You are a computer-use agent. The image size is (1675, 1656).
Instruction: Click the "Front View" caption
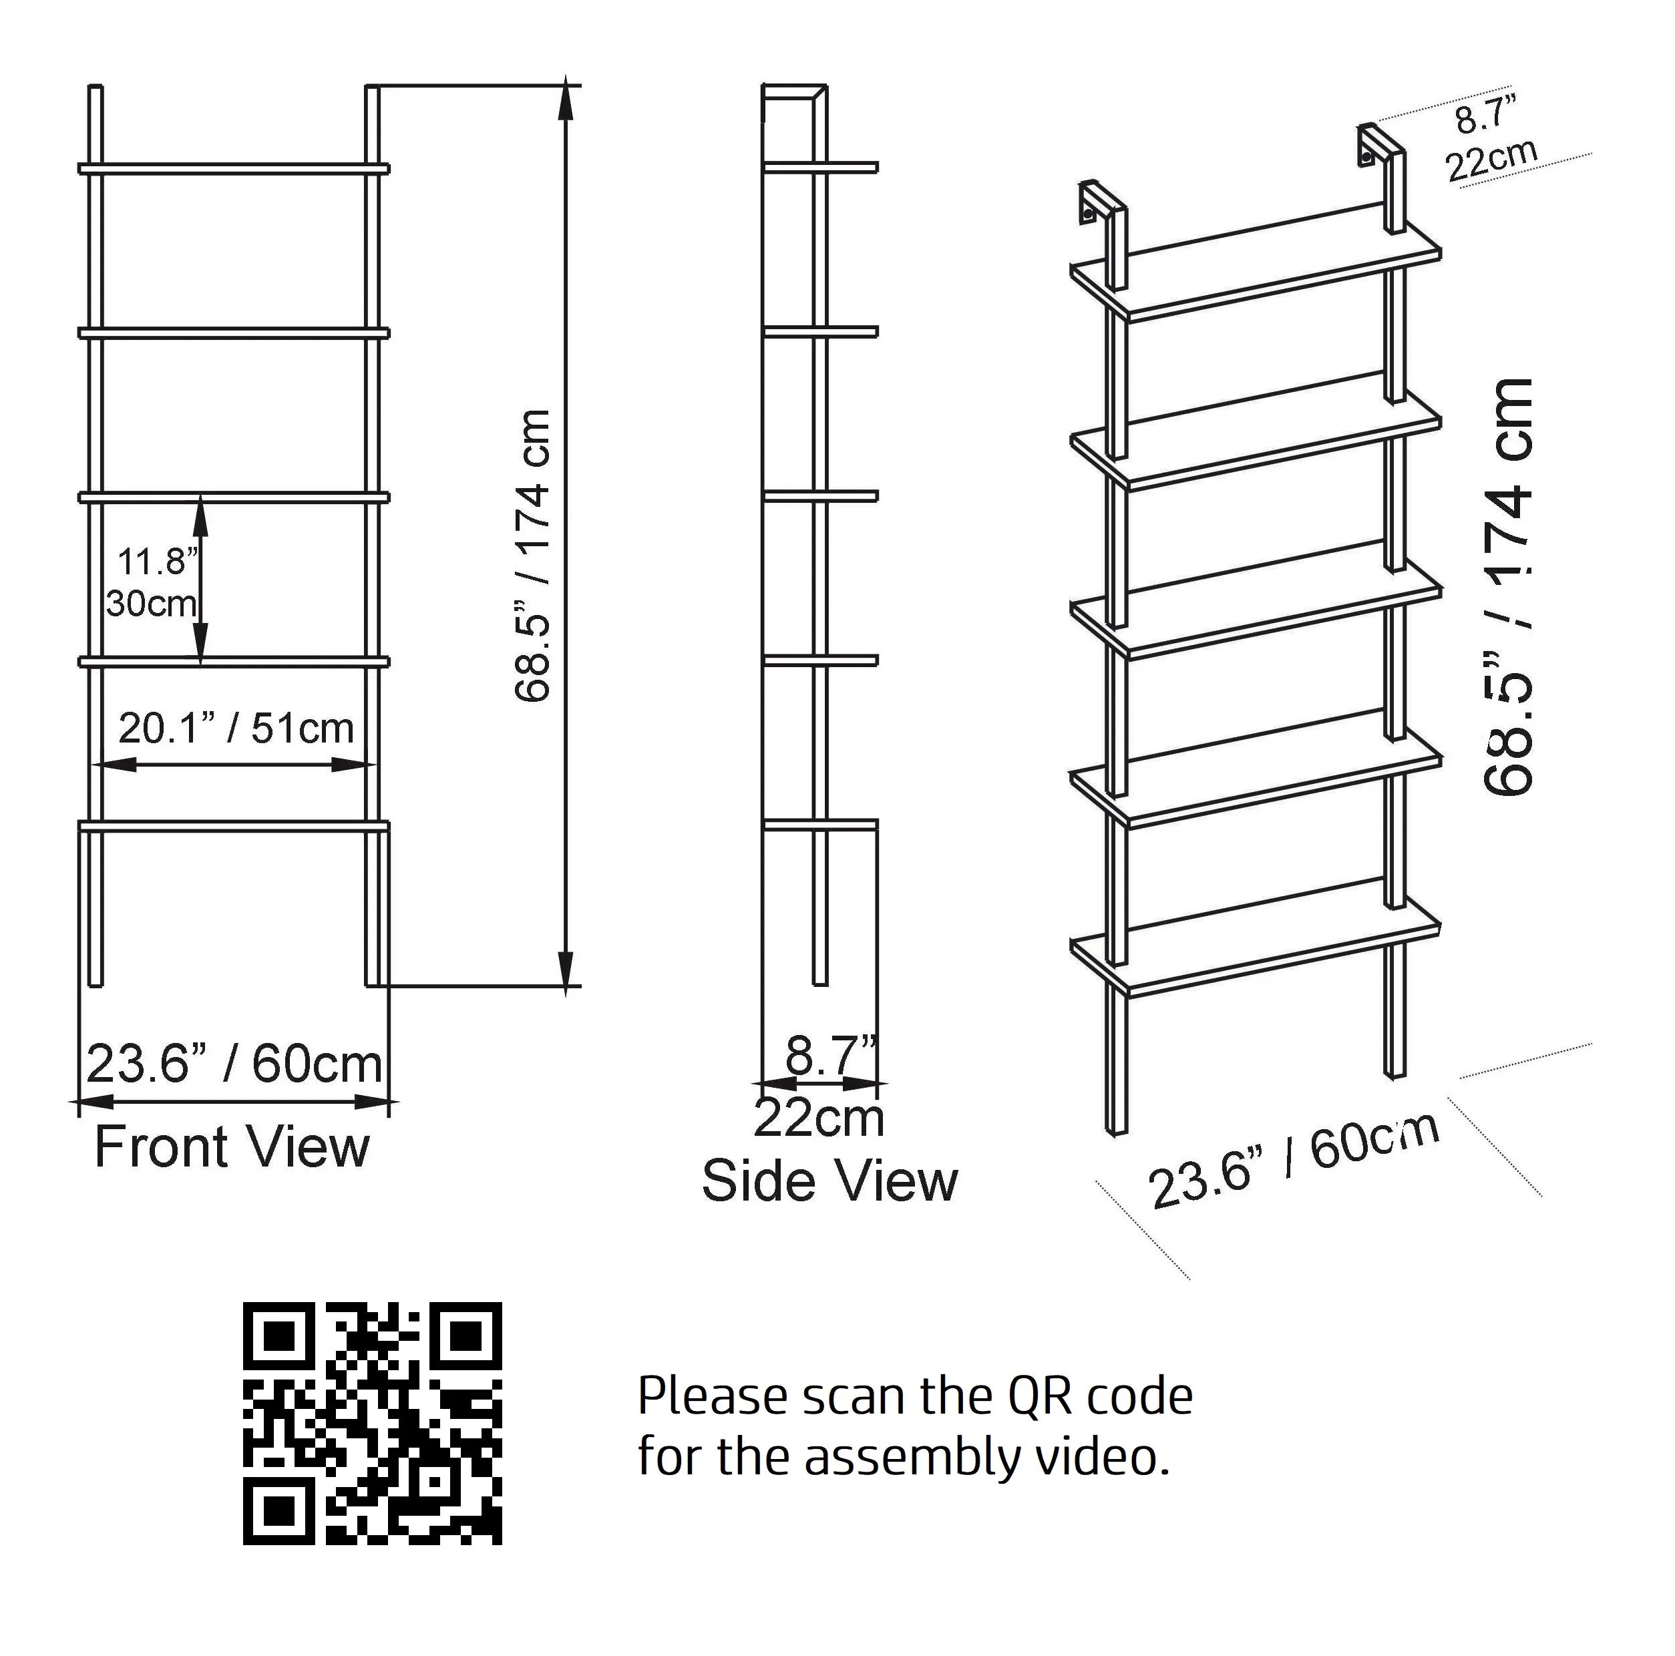click(x=232, y=1148)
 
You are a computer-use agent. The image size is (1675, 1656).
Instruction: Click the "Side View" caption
click(x=829, y=1181)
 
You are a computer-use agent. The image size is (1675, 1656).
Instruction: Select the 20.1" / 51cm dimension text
click(x=236, y=729)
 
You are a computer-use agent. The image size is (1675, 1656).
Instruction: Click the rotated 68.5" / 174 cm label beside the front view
click(x=532, y=555)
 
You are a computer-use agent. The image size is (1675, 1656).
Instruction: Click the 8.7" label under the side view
click(x=829, y=1055)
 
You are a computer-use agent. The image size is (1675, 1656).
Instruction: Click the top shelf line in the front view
click(x=234, y=168)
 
